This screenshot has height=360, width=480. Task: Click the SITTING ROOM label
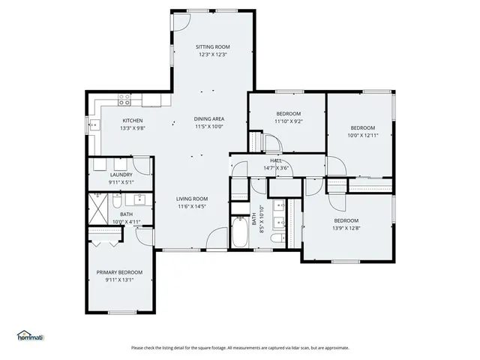pyautogui.click(x=211, y=46)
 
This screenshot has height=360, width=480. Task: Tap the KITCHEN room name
pyautogui.click(x=133, y=120)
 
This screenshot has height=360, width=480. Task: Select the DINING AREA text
pyautogui.click(x=209, y=118)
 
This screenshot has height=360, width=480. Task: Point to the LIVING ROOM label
pyautogui.click(x=192, y=199)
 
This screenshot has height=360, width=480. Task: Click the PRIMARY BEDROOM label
pyautogui.click(x=119, y=272)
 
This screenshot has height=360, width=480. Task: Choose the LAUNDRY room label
pyautogui.click(x=121, y=175)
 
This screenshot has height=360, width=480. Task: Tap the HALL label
pyautogui.click(x=276, y=161)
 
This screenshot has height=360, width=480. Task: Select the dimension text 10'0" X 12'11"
pyautogui.click(x=362, y=136)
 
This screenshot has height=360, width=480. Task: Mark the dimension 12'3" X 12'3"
pyautogui.click(x=211, y=54)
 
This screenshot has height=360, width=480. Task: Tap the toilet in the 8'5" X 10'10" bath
pyautogui.click(x=277, y=238)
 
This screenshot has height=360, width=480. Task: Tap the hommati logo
pyautogui.click(x=30, y=334)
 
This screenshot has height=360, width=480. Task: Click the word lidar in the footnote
pyautogui.click(x=287, y=347)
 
